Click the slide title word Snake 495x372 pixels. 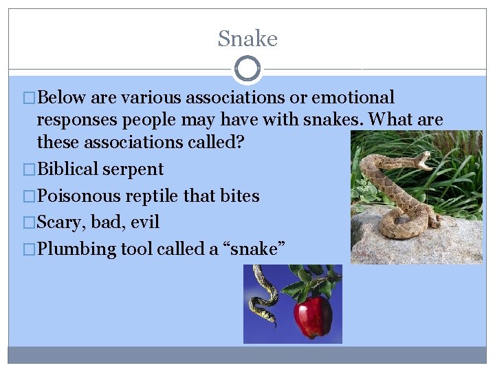[247, 39]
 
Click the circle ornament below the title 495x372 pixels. [247, 69]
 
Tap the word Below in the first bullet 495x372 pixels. [62, 98]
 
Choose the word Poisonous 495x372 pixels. [78, 196]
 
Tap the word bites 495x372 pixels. [239, 196]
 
